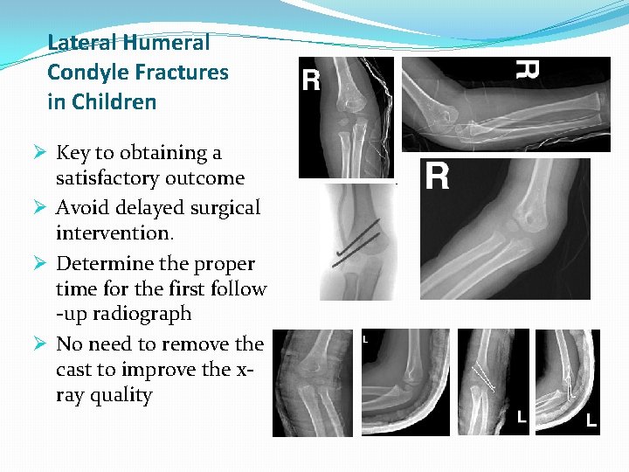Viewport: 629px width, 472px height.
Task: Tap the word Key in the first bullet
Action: click(73, 153)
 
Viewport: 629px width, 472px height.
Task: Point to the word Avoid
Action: click(82, 208)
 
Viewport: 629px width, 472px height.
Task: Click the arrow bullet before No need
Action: click(38, 344)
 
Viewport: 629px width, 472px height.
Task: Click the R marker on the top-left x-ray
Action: click(311, 82)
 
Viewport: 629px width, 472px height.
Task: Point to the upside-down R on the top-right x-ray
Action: click(527, 69)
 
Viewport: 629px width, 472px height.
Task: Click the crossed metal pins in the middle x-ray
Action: click(355, 246)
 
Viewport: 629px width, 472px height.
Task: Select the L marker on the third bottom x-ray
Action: click(522, 418)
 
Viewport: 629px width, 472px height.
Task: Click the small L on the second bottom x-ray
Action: click(364, 338)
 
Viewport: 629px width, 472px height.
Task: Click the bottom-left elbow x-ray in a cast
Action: click(313, 383)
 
